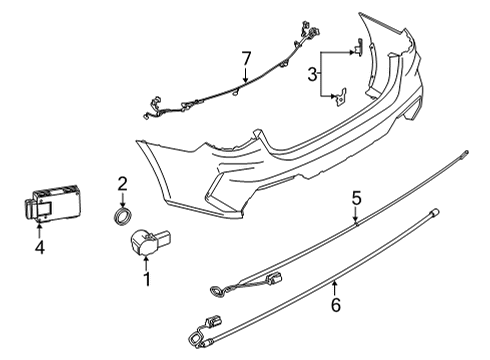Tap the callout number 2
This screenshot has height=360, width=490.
(122, 183)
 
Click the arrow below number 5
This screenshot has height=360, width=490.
(354, 221)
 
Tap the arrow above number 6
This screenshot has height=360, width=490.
(335, 283)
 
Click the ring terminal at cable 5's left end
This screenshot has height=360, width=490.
(216, 292)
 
